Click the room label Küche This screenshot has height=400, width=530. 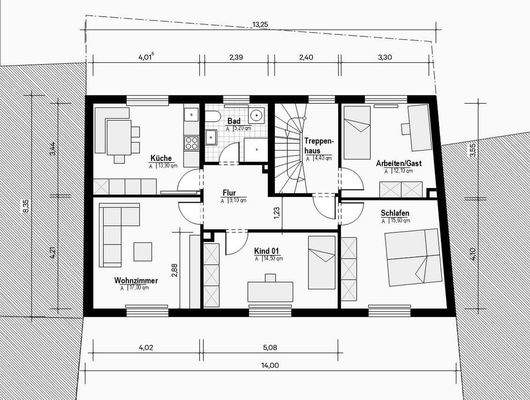(x=160, y=159)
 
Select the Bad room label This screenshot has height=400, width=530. (x=231, y=121)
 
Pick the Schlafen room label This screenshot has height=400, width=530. (x=395, y=213)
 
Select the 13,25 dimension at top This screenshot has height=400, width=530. (x=260, y=24)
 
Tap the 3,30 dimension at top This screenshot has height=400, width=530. (x=385, y=59)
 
